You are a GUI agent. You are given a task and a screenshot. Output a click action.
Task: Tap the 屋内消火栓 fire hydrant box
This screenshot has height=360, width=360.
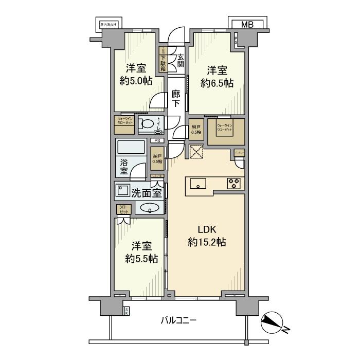coord(109,24)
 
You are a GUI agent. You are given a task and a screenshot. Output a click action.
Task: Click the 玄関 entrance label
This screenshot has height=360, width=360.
coord(181,61)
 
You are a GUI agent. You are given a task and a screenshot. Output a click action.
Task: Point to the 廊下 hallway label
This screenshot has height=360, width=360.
coord(176,98)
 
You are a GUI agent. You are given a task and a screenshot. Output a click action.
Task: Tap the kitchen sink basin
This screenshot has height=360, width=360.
coord(198,184)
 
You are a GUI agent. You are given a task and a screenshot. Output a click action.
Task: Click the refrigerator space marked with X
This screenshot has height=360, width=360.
coord(197,153)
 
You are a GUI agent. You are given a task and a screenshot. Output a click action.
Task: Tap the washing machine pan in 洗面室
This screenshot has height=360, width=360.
coord(123,190)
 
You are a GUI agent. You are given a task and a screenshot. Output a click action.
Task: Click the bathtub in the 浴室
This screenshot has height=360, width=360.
coord(131,147)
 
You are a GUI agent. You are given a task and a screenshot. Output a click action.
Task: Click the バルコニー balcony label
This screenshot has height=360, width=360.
coord(178,320)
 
